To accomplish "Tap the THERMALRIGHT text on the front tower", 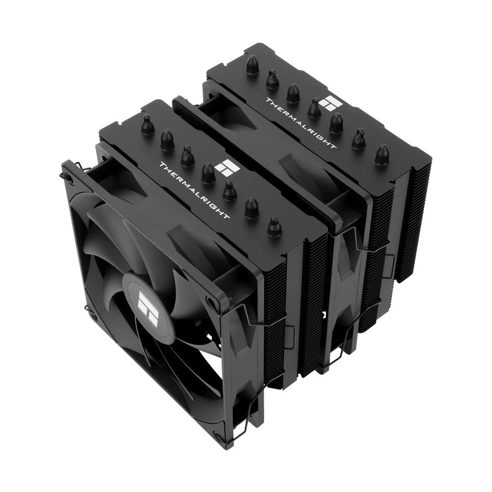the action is pos(194,190).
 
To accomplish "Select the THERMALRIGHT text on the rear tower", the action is pos(301,123).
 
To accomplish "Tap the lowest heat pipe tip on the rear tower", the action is pos(381,154).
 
